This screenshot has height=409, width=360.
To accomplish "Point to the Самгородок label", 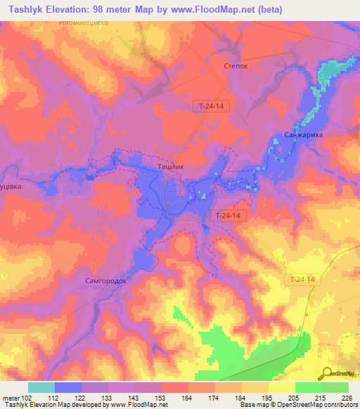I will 106,280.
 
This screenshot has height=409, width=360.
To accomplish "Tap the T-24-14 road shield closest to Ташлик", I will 229,216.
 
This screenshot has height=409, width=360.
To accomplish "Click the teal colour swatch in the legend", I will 41,387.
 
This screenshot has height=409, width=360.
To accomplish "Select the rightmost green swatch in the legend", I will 335,387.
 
